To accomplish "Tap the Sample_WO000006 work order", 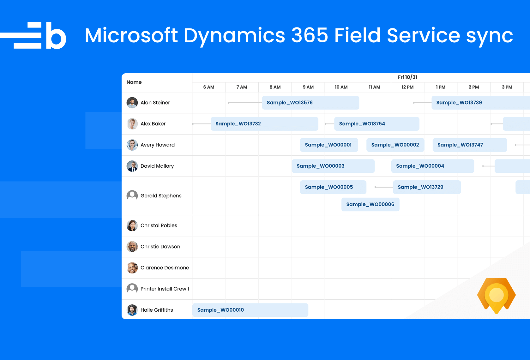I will (x=370, y=204).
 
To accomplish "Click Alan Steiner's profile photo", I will (x=132, y=103).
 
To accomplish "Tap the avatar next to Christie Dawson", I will (x=132, y=247).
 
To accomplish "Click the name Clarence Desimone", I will (x=165, y=268).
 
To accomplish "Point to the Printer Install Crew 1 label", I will (x=165, y=289).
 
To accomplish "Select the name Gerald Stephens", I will (x=161, y=196).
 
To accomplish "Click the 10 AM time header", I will (x=341, y=87).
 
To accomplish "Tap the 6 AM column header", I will (x=208, y=87).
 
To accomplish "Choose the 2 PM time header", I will (x=473, y=87).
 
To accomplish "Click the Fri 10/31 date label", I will (x=407, y=77).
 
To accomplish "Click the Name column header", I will (x=134, y=82).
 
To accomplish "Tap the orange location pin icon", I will (x=496, y=296).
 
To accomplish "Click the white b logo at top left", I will (x=56, y=36).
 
